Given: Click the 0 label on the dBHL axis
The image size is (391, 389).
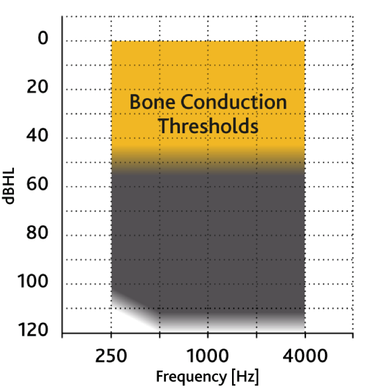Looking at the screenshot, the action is point(43,38).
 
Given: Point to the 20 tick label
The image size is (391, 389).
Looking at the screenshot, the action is point(38,87).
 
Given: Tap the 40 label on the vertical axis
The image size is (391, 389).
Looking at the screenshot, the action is point(38,135).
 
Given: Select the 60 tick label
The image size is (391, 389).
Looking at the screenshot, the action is point(38,184).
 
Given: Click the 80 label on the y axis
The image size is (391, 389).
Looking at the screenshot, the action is point(38,233).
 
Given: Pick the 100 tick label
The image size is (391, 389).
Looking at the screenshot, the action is point(33,282).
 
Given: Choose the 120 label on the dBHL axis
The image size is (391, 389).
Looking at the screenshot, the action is point(33,330).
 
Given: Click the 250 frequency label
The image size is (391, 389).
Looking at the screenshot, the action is point(111,356).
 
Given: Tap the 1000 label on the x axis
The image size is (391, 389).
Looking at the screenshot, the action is point(207,356).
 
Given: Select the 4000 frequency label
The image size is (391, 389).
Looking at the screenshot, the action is point(305,356).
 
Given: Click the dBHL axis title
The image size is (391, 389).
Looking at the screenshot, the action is point(9,186).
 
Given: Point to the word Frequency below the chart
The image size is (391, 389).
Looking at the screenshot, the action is point(191,377).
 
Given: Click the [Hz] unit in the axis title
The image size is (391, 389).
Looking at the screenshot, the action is point(245,377).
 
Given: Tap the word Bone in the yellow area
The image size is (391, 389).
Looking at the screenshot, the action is point(152,102).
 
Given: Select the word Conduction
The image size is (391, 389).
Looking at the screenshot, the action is point(234,102).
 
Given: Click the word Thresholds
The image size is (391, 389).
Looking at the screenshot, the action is point(208,126).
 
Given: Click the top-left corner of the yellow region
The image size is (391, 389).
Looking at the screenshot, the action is point(112,41).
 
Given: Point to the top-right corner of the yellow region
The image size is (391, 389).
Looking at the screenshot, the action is point(305,41).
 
